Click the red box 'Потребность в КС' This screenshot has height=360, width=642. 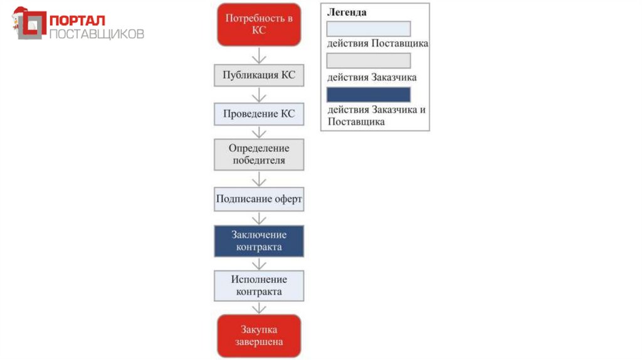coord(259,24)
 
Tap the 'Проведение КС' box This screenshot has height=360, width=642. coord(259,114)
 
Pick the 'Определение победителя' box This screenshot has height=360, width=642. coord(259,154)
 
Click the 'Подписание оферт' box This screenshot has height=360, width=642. coord(259,199)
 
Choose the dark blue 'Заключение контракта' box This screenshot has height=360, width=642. coord(259,241)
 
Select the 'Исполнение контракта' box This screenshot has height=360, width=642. coord(259,285)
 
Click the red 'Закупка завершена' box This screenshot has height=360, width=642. coord(259,336)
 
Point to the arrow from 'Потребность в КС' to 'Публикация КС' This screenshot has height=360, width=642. coord(259,55)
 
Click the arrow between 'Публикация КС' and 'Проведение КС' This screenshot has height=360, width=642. coord(259,95)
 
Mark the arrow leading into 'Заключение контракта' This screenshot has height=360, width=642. coord(259,218)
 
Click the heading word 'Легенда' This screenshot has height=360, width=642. coord(347,13)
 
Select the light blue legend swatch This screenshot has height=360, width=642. coord(368,29)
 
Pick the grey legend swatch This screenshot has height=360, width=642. coord(368,61)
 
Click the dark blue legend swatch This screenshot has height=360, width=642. coord(368,95)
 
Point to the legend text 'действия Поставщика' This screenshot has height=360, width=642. coord(377,44)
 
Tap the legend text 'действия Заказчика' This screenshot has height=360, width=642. coord(372,78)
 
